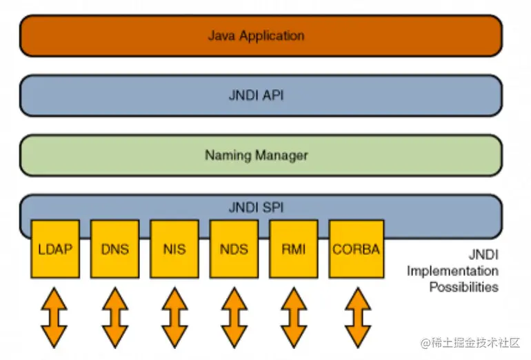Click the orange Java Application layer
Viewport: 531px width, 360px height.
261,35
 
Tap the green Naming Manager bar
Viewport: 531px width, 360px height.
261,154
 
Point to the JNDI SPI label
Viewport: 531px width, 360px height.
255,206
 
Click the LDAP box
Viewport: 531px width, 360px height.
55,249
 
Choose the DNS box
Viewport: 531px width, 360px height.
114,249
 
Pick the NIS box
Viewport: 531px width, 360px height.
174,249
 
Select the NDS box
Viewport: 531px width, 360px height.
234,249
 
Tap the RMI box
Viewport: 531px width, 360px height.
293,249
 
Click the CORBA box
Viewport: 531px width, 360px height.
355,249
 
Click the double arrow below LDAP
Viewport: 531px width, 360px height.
55,317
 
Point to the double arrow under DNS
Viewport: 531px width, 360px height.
114,317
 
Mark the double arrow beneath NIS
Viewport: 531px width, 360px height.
174,317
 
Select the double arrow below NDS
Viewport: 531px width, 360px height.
234,317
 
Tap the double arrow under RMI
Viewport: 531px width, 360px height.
293,317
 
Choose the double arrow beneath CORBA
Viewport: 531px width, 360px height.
355,317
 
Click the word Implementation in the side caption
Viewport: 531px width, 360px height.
452,270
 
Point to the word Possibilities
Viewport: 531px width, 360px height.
463,287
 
